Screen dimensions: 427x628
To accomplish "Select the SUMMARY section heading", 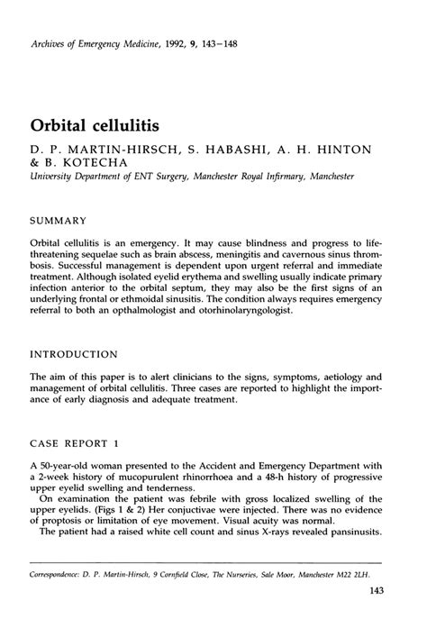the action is [x=59, y=220].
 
